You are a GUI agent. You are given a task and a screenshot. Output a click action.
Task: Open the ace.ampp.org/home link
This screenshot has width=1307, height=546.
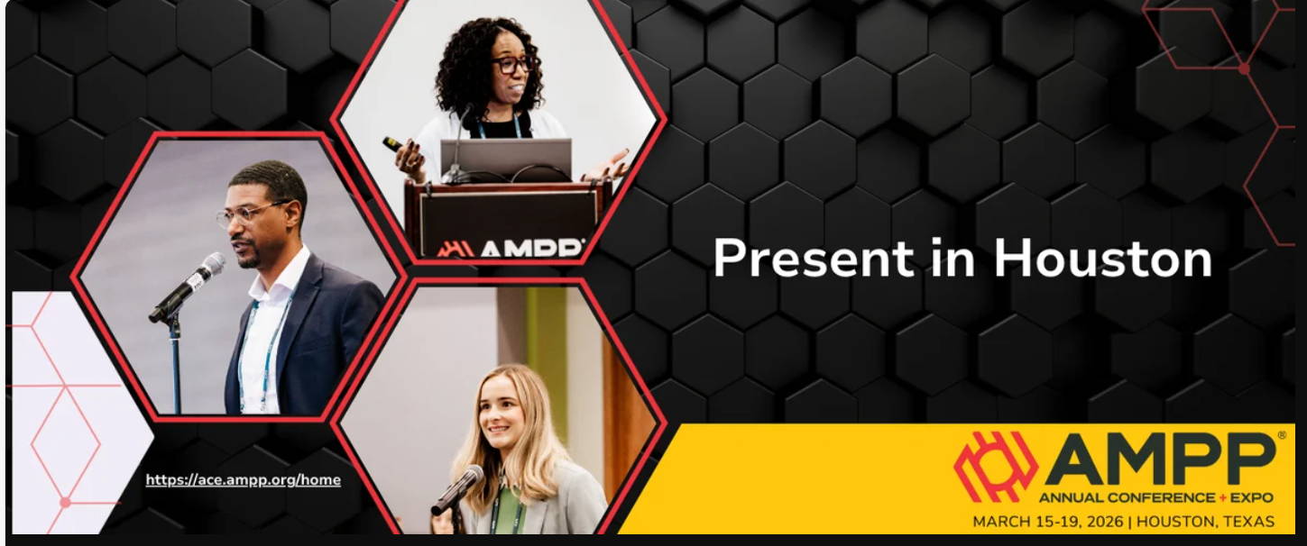click(243, 480)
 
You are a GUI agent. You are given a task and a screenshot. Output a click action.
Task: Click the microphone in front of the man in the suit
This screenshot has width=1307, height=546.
click(189, 286)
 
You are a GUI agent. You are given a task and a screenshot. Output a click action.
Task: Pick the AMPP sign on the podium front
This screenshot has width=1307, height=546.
click(511, 247)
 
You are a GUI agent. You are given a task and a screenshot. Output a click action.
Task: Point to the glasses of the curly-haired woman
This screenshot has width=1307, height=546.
click(511, 66)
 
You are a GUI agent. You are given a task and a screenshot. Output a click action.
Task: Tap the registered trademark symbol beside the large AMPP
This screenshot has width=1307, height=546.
click(1281, 435)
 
